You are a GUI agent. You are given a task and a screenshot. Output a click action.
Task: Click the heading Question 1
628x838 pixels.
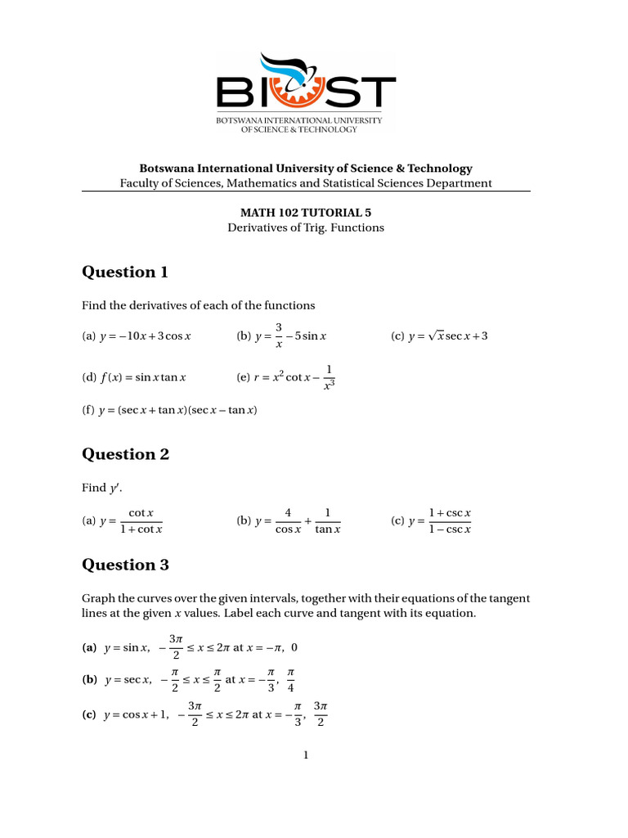point(124,273)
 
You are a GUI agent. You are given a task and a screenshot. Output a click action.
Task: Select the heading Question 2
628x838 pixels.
point(124,454)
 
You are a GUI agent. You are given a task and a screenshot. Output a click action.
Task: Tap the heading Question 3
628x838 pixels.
point(124,565)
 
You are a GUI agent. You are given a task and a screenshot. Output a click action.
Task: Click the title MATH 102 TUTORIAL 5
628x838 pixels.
point(305,211)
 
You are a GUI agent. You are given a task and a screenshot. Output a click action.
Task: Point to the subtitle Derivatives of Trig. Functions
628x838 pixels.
point(305,228)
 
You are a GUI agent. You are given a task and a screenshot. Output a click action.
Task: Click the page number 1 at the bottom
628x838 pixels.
point(306,755)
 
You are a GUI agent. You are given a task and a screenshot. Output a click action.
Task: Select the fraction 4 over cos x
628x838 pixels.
point(288,521)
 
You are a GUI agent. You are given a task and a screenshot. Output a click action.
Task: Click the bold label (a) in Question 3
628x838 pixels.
point(89,648)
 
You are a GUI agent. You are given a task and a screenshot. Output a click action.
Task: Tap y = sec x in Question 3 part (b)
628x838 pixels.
point(127,680)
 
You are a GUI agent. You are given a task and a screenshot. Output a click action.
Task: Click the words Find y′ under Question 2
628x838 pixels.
point(99,488)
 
